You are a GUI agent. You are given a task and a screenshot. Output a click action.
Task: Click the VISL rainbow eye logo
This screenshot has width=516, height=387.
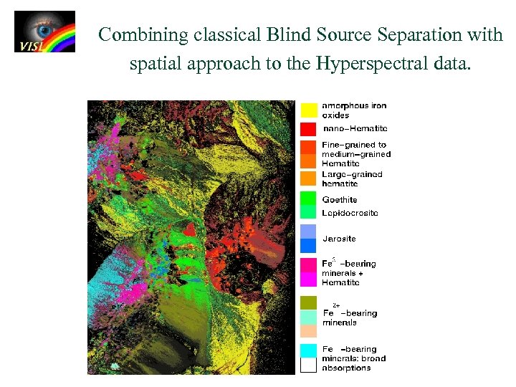coord(44,32)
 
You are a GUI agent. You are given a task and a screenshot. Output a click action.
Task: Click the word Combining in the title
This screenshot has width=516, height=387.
coord(143,34)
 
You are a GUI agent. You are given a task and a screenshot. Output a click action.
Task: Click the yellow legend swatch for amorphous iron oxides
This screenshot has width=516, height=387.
coord(309,110)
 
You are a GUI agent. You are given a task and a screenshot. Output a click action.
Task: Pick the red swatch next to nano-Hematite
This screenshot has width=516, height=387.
coord(309,129)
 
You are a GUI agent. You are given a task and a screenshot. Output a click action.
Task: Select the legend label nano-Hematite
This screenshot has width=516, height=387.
coord(356,129)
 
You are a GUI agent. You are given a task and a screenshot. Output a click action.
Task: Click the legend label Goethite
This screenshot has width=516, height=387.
coord(340,199)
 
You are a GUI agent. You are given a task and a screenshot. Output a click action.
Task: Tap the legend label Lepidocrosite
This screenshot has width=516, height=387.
coord(350,213)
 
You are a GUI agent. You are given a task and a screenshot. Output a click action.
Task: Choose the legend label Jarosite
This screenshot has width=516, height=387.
coord(339,239)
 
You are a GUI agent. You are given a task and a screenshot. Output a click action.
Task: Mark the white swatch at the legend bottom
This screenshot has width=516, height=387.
coord(309,365)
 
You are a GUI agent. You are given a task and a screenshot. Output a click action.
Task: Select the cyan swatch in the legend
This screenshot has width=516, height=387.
coord(309,350)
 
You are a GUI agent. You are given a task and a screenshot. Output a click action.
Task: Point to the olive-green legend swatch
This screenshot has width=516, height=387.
coord(309,302)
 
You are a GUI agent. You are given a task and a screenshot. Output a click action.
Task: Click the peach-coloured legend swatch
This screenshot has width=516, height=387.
coord(309,331)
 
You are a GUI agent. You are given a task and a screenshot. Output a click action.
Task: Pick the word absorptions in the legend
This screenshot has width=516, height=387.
coord(347,368)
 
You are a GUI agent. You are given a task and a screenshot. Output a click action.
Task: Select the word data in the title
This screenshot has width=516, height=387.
coord(451,64)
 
